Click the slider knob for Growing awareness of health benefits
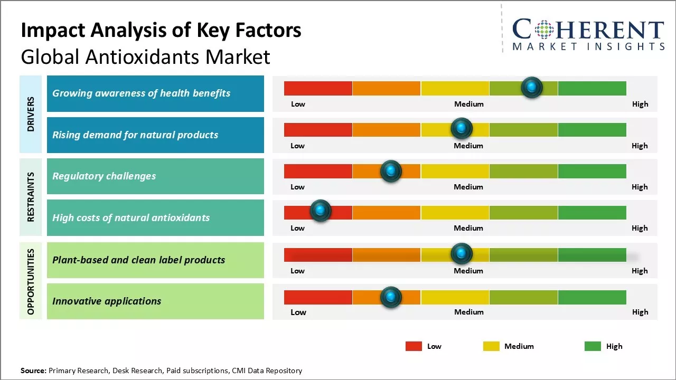531,87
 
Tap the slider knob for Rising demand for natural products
462,128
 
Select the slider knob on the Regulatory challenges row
391,171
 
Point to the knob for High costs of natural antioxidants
320,211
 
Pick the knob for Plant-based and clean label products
462,254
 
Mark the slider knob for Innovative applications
391,297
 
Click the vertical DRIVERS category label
31,114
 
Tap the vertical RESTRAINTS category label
31,197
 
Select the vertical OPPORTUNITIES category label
31,281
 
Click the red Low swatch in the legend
414,346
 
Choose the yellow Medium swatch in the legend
491,346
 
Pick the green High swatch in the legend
593,346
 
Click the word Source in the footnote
33,370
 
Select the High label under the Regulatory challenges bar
640,187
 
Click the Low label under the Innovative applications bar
298,312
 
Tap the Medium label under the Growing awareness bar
469,104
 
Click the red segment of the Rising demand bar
318,129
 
